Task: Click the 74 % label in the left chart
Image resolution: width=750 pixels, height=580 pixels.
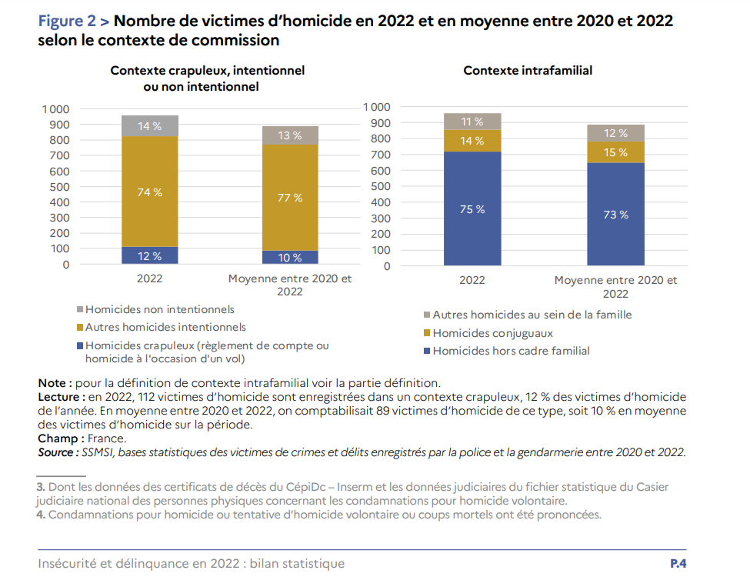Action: [149, 192]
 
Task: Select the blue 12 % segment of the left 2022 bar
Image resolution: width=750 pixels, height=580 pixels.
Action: [149, 256]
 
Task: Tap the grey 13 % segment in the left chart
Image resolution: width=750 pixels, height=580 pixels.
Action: [290, 135]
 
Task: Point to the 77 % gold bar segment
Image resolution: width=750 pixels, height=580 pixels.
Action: [290, 198]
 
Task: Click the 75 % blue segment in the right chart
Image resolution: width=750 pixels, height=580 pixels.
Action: [472, 208]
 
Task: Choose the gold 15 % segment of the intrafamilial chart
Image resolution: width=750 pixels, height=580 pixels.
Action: [615, 152]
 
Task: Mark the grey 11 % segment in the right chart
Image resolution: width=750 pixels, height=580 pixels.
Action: [472, 122]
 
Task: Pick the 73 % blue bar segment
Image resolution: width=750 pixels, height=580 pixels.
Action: [615, 215]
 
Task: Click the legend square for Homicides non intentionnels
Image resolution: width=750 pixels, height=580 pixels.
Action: [79, 310]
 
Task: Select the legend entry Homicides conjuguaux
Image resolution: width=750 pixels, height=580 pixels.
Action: [492, 333]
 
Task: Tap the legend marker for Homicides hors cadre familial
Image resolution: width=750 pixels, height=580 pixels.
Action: [427, 352]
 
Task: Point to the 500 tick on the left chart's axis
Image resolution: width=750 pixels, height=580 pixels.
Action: [59, 186]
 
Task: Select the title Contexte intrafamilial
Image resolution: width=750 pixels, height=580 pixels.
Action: [528, 70]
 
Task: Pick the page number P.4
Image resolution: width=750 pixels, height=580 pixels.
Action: [678, 564]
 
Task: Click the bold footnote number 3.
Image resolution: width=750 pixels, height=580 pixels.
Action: [41, 487]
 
